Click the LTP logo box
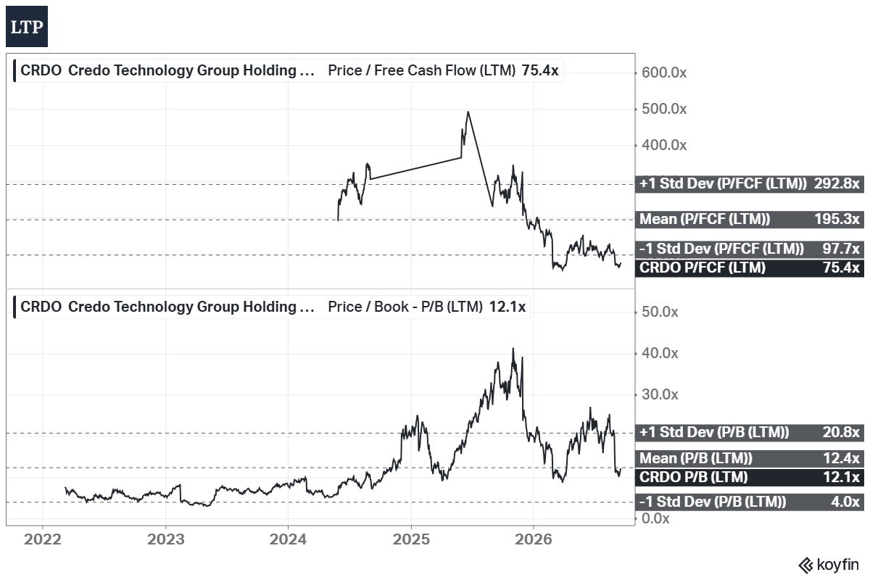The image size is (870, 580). [x=27, y=26]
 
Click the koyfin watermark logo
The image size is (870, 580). [x=829, y=565]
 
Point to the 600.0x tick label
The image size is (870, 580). [x=664, y=72]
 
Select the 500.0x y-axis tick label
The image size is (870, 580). [x=664, y=109]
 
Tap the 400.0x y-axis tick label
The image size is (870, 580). [x=664, y=145]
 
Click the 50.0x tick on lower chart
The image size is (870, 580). [x=660, y=312]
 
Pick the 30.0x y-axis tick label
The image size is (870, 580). [x=660, y=394]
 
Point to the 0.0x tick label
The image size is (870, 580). [x=655, y=518]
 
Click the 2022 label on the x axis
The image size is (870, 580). [x=42, y=539]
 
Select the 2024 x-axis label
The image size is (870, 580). [x=288, y=539]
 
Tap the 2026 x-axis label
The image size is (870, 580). [x=534, y=539]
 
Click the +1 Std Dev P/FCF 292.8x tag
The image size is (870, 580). [x=749, y=183]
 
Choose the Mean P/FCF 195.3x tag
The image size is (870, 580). [x=749, y=219]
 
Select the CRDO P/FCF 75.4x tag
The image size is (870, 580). [x=749, y=268]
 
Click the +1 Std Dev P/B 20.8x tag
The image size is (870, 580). [x=749, y=432]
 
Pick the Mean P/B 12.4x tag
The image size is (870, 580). [x=749, y=458]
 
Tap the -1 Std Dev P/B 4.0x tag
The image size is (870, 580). [x=749, y=502]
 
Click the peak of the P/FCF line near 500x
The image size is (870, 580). [x=468, y=112]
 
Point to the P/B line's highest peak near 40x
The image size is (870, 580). [x=513, y=349]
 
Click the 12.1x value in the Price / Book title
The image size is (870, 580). [x=507, y=307]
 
